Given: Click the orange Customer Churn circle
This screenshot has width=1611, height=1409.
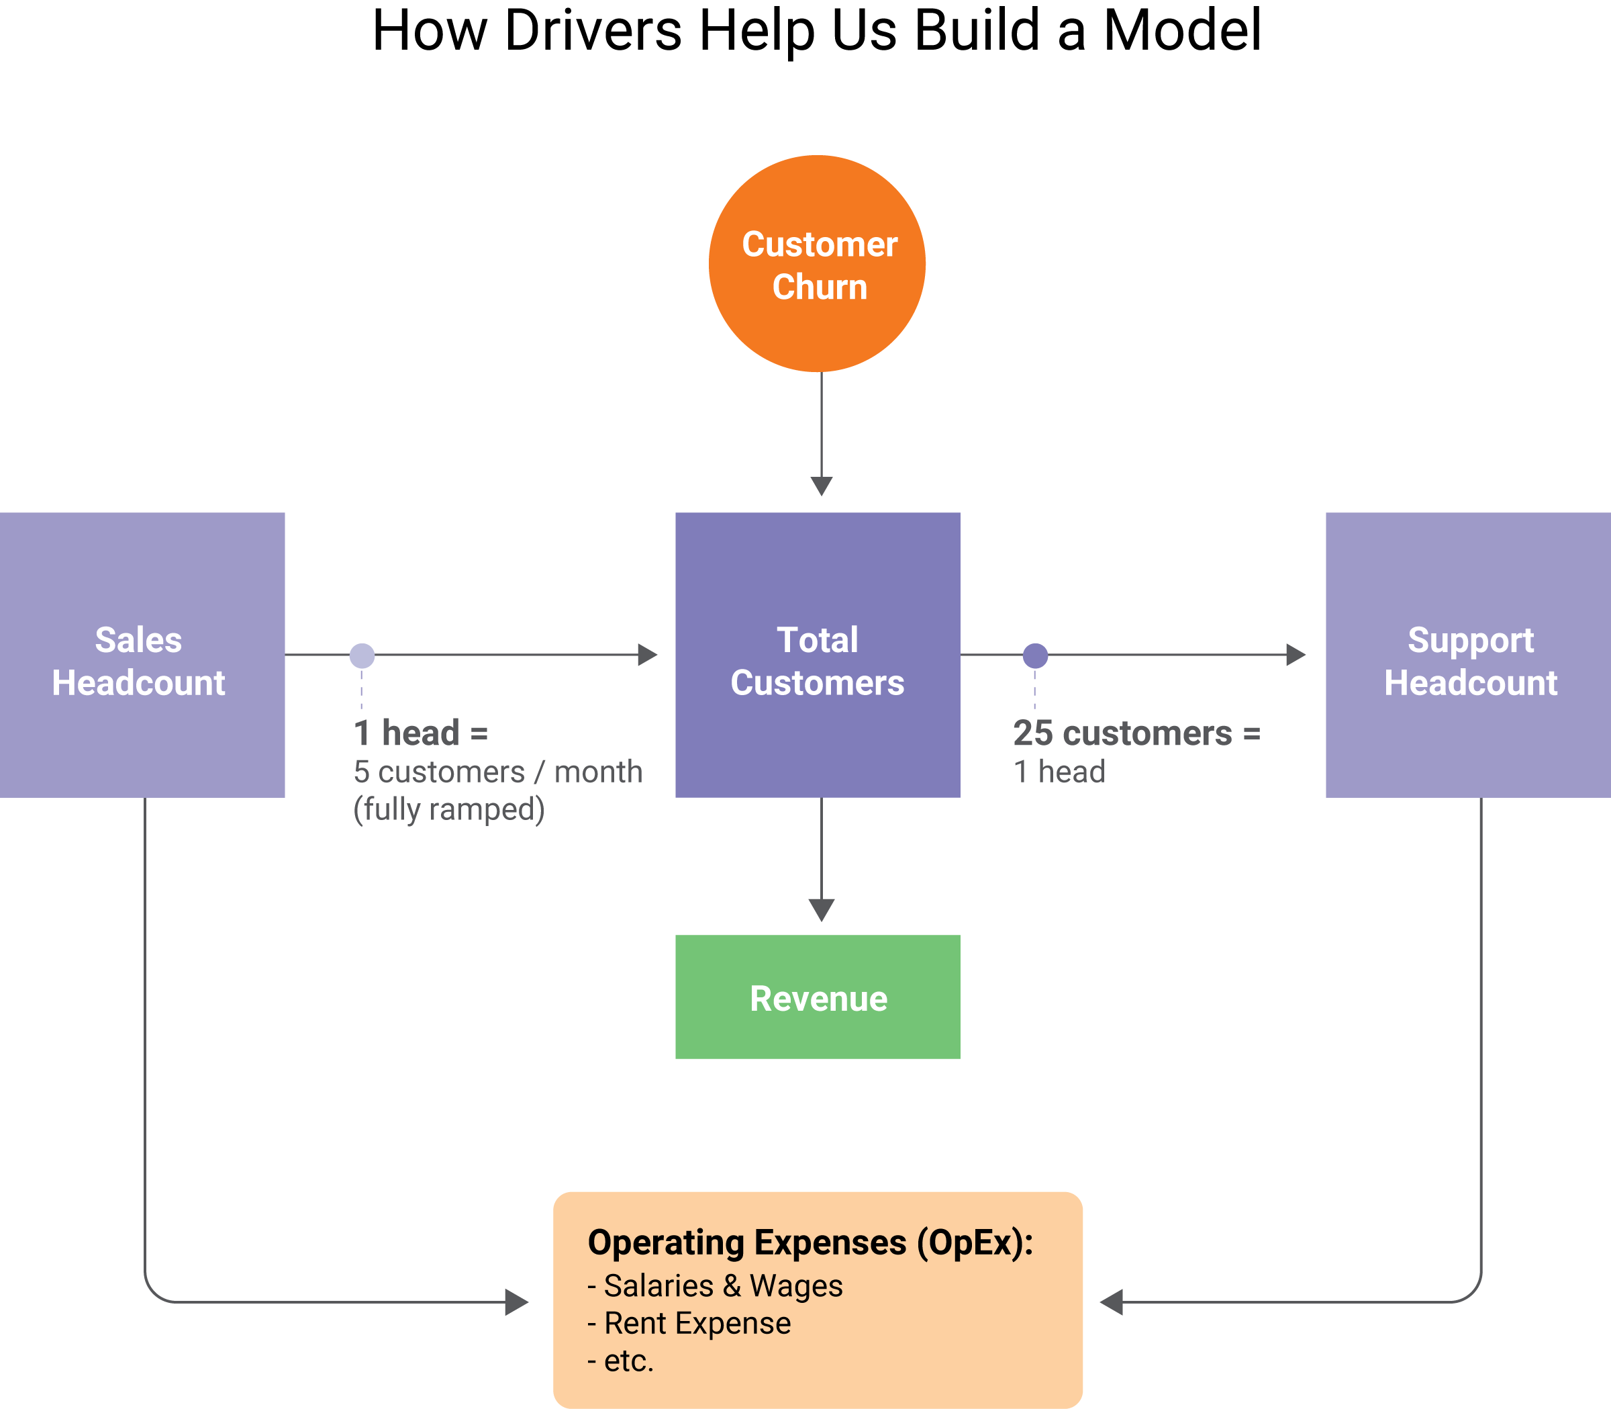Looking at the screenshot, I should tap(818, 263).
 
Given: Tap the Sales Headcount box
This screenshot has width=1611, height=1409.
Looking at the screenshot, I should tap(142, 655).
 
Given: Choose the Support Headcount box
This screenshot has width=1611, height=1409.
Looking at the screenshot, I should tap(1468, 655).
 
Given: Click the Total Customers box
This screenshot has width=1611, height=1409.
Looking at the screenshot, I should tap(818, 655).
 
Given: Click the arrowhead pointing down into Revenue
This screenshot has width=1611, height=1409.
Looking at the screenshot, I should tap(821, 910).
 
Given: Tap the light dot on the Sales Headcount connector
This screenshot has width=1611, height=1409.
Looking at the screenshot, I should tap(362, 655).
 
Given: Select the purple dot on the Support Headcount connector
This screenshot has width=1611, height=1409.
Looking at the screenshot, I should tap(1035, 655).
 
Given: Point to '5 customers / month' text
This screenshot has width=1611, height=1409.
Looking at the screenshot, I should tap(497, 772).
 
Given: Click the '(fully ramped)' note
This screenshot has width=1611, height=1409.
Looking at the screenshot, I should tap(448, 809).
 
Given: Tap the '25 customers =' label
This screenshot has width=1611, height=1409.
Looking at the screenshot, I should tap(1136, 733).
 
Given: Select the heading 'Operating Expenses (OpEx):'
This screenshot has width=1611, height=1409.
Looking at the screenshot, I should tap(810, 1243).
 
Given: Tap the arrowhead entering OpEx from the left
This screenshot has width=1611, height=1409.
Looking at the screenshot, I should tap(516, 1302).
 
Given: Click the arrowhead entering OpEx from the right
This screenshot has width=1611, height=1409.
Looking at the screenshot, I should tap(1111, 1302).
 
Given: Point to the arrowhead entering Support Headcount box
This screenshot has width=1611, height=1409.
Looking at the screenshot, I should tap(1295, 655).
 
